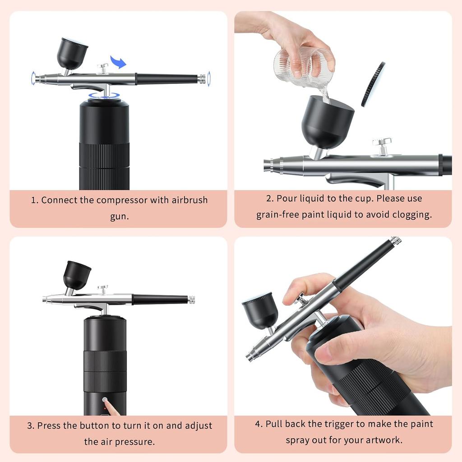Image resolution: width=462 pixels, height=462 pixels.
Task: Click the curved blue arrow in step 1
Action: [119, 62]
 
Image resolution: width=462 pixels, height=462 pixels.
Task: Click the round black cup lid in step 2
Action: [373, 84]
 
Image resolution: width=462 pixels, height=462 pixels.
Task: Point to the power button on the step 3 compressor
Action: [105, 400]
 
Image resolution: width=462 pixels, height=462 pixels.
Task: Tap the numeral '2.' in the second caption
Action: [270, 199]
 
